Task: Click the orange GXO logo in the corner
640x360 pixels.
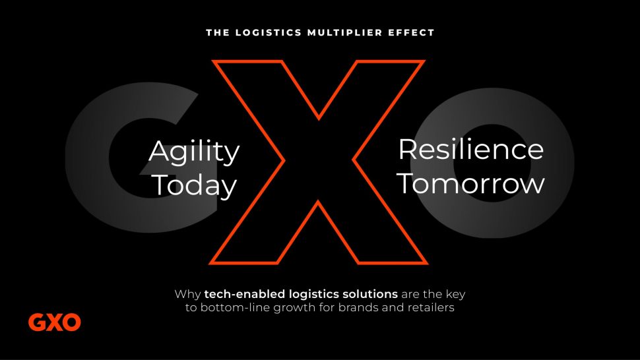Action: (x=54, y=322)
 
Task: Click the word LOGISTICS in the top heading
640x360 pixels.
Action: (x=269, y=32)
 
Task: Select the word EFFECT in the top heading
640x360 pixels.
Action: (x=412, y=32)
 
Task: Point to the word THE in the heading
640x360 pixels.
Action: (x=218, y=32)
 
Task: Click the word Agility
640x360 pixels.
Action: (x=194, y=152)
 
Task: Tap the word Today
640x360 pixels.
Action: (x=195, y=185)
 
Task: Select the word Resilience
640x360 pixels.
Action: (x=471, y=149)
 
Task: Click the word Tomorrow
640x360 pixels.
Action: (x=471, y=183)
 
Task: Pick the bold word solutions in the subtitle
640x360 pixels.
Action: (x=370, y=294)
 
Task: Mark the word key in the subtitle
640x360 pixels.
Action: (x=455, y=295)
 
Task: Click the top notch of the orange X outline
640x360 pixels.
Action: (x=319, y=119)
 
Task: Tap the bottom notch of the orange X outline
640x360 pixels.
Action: (x=318, y=201)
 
